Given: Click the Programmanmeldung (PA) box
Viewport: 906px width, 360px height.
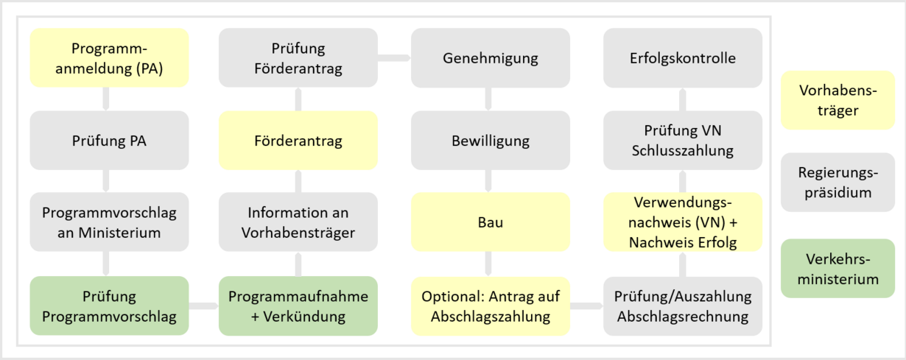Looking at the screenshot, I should [109, 58].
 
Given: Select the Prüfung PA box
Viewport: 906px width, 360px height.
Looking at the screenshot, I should [109, 140].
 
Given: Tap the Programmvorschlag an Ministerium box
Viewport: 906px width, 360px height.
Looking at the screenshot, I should [109, 222].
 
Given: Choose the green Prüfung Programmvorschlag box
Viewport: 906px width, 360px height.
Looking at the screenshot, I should [109, 306].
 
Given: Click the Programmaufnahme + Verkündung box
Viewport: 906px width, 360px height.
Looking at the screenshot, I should [298, 306].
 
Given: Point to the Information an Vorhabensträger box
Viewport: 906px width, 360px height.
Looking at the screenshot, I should [298, 222].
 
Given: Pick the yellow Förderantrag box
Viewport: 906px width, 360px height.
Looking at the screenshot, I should [298, 140].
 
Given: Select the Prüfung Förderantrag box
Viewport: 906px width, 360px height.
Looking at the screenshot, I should [298, 58].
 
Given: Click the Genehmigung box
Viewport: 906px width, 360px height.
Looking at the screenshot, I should [491, 58].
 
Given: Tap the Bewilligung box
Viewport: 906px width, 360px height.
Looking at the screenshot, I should [491, 140].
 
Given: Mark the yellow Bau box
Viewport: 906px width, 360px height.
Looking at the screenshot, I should [491, 222].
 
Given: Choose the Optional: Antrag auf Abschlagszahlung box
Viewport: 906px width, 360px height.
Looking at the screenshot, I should [491, 306].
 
